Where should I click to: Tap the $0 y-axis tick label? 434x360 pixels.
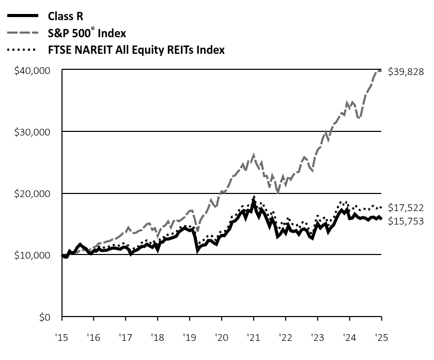[46, 317]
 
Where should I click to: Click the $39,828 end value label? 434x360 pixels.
[406, 72]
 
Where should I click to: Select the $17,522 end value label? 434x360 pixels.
[406, 208]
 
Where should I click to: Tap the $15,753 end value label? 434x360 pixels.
[406, 221]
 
